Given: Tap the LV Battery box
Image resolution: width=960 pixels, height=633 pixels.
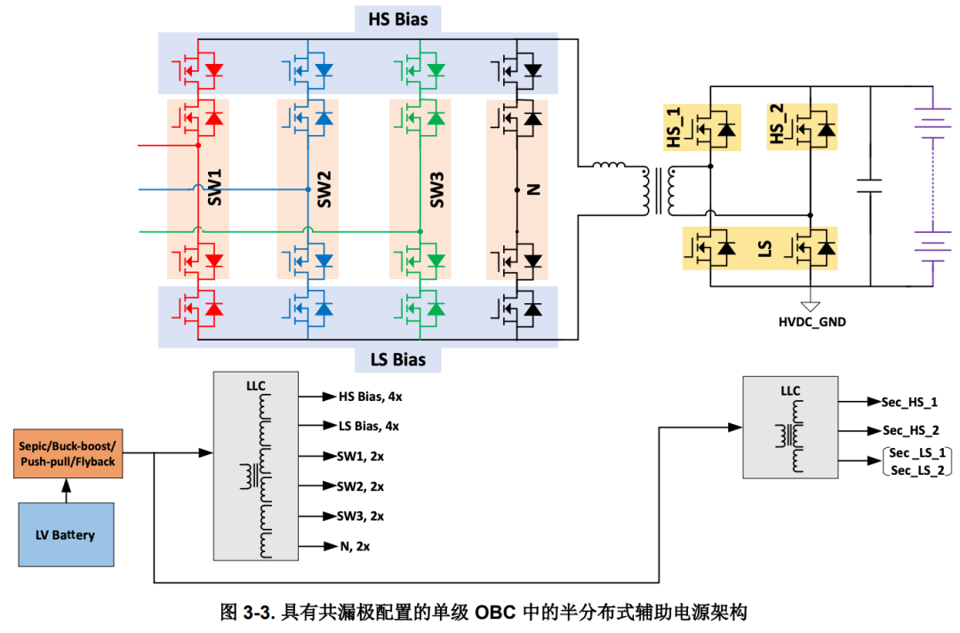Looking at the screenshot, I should tap(66, 534).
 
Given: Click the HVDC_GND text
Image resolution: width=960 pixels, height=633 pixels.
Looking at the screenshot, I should tap(806, 322).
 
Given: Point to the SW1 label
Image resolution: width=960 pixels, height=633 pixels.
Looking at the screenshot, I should tap(214, 188).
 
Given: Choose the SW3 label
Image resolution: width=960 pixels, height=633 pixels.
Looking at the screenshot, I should tap(436, 188).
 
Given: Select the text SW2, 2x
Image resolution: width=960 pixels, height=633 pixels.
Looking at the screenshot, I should tap(361, 486).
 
